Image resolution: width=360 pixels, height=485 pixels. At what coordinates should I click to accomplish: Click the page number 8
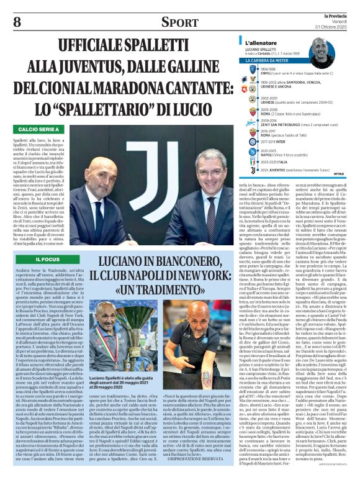[x=17, y=22]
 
